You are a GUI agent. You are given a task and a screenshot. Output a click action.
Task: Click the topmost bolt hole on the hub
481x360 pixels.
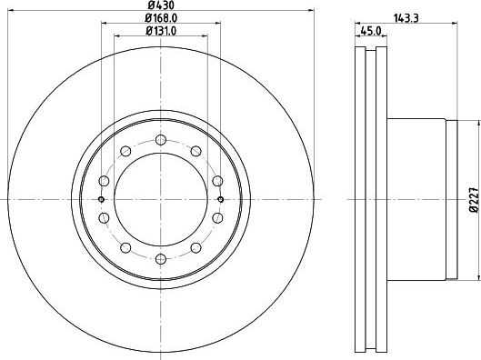[161, 139]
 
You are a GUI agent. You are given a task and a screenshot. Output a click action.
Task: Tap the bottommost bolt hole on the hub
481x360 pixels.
[161, 259]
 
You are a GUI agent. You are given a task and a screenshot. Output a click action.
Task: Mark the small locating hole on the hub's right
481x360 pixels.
[222, 199]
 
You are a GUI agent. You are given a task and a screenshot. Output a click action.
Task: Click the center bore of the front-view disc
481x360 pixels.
[161, 199]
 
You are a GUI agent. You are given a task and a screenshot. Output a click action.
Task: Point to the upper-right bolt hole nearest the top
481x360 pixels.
[195, 150]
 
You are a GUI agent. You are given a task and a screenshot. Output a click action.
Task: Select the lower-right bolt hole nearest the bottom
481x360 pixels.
[195, 248]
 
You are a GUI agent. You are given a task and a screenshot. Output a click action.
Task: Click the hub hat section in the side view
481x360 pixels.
[418, 199]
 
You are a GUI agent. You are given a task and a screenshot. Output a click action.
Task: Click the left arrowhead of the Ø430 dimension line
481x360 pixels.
[11, 17]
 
